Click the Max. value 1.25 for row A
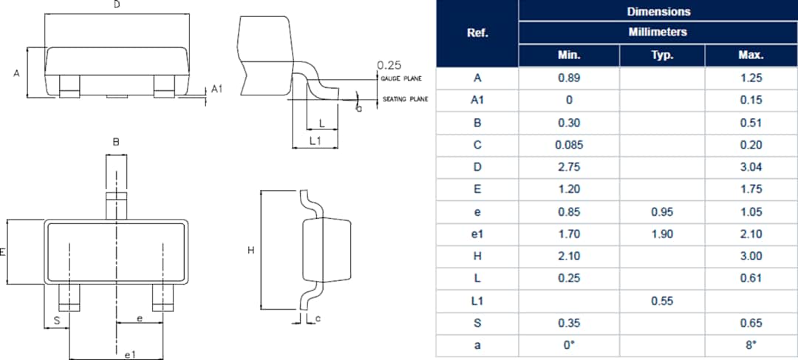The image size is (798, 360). [751, 78]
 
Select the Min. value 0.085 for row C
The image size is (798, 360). [569, 145]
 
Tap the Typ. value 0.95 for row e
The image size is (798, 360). [662, 211]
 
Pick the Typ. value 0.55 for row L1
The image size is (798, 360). [662, 301]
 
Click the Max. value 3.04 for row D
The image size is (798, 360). [751, 167]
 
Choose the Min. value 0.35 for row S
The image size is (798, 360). [569, 323]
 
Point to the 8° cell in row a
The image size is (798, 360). [751, 345]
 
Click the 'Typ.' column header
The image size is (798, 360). [662, 55]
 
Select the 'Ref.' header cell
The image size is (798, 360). [477, 33]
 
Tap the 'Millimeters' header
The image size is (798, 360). [658, 33]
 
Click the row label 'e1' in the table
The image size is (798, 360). [477, 234]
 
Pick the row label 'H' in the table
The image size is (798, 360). [477, 256]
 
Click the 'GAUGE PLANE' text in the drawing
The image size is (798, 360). [401, 78]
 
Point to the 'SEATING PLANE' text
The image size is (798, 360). [405, 99]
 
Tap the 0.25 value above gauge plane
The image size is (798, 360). [389, 65]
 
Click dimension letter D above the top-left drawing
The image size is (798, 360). [116, 6]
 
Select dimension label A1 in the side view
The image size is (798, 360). [217, 89]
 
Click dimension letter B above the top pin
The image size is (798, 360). [116, 142]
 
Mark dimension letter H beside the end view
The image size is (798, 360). [251, 251]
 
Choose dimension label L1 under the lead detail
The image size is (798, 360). [315, 140]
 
